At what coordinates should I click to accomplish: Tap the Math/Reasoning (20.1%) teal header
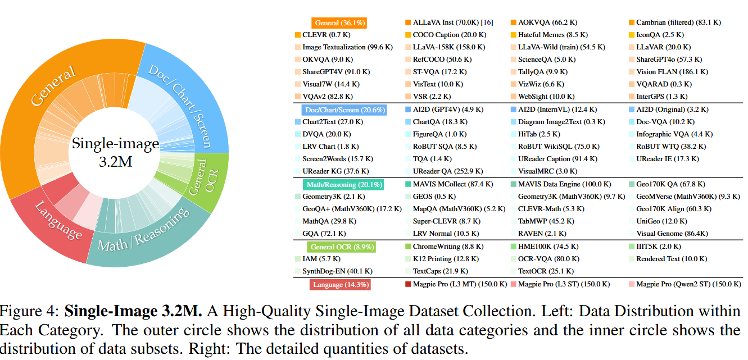[344, 185]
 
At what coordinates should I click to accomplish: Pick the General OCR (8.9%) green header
[342, 247]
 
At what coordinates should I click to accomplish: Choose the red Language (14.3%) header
[341, 285]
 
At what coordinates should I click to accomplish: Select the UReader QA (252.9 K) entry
[447, 171]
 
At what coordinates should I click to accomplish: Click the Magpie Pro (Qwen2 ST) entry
[688, 284]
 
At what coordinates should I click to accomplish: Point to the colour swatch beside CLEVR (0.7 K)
[298, 35]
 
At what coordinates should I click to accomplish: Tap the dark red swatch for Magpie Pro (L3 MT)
[408, 284]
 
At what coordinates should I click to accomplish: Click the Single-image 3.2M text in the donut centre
[115, 153]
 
